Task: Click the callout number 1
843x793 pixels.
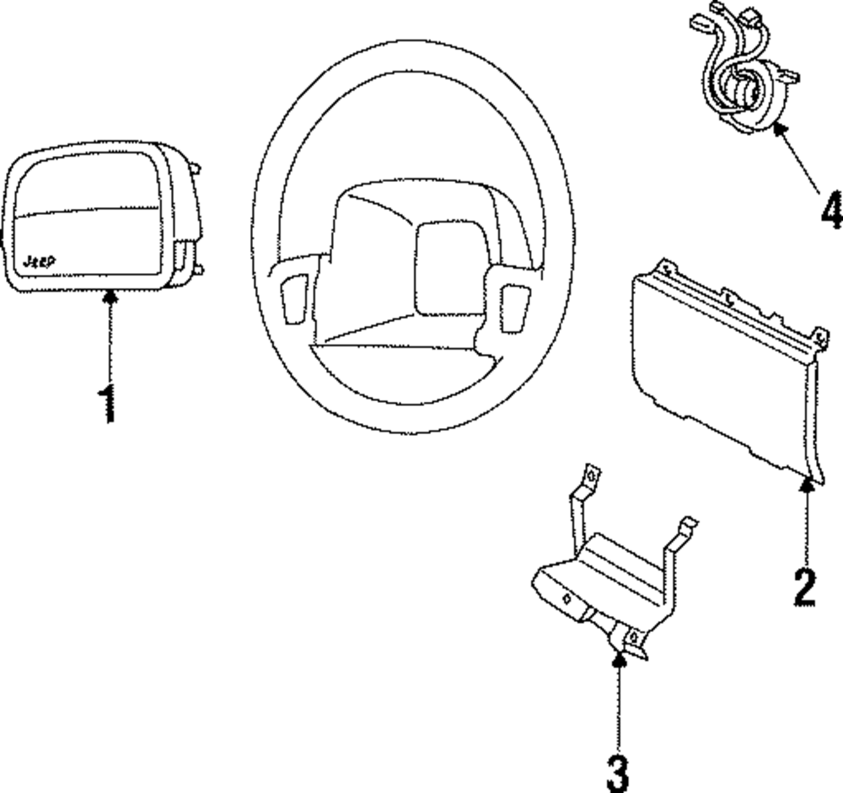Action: click(107, 404)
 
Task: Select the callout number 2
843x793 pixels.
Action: click(804, 587)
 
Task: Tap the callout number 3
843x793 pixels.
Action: click(618, 773)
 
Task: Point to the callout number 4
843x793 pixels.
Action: click(830, 210)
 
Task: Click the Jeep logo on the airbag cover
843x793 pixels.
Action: click(39, 262)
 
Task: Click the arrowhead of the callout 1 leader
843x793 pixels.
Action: click(109, 296)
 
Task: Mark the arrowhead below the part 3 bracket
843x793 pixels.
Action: click(619, 659)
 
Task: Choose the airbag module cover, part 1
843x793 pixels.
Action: click(93, 218)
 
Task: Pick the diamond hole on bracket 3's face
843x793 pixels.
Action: click(567, 599)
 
